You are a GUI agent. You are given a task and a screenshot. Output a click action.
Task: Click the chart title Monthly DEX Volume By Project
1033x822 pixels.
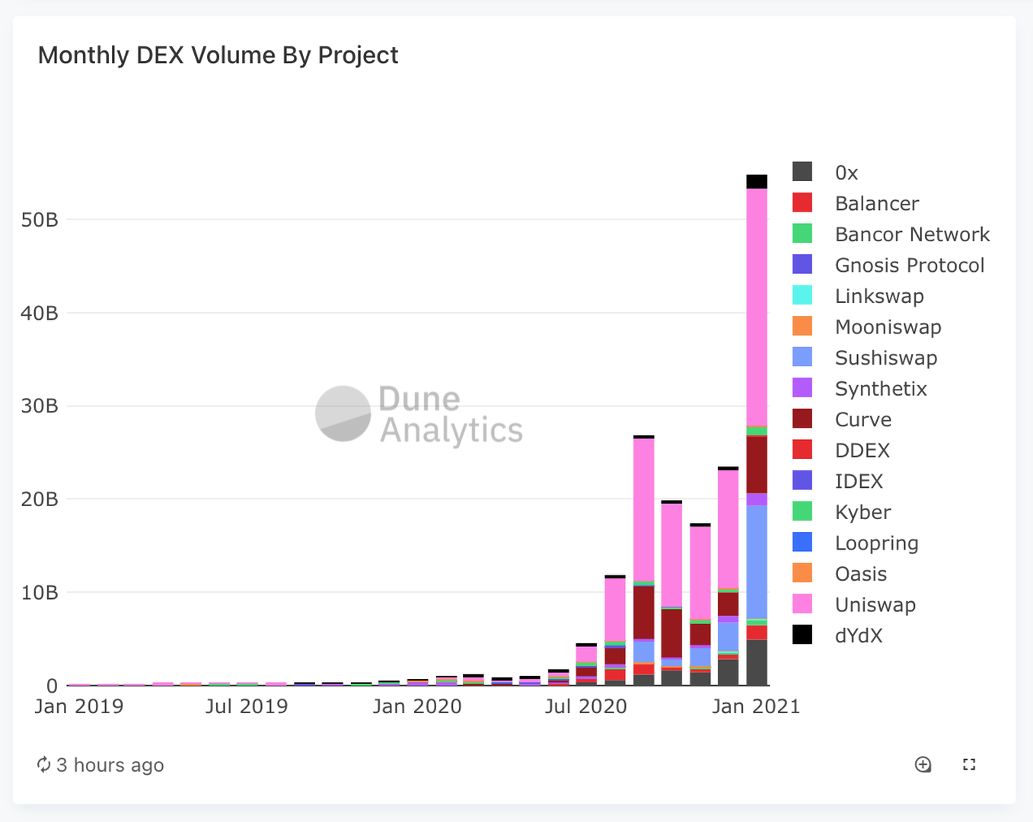218,56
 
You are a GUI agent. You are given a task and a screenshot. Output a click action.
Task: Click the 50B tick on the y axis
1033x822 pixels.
40,220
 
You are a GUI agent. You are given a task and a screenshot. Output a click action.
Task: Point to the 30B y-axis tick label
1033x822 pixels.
40,406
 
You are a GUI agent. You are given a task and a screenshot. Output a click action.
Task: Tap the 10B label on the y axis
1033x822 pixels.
40,592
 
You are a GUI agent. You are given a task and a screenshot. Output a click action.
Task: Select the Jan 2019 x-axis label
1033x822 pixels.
78,706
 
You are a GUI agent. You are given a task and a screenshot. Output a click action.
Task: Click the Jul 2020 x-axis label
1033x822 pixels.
585,706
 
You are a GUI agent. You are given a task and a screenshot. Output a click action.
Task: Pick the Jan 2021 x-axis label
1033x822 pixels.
756,706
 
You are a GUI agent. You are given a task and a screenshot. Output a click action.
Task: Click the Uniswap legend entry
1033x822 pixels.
875,605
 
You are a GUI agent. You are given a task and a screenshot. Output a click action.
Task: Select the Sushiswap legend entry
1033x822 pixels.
885,358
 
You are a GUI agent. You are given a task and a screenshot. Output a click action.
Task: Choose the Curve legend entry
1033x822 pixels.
862,419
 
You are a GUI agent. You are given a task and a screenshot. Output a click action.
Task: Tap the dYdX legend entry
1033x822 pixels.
858,636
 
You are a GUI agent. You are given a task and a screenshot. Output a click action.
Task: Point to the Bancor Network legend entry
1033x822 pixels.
911,234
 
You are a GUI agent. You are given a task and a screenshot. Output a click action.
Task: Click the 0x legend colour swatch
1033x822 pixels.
802,172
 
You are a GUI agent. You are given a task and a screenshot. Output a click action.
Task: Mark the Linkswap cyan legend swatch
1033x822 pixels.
802,295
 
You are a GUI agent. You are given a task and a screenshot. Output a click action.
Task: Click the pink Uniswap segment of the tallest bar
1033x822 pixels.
757,304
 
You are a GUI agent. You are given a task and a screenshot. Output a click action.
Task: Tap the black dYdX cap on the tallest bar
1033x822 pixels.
757,181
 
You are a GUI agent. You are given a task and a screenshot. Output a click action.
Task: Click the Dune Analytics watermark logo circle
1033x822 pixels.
343,413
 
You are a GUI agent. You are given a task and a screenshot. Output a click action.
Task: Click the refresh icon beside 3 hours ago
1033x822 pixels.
44,764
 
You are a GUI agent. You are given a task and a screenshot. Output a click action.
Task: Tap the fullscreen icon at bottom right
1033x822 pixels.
969,764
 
